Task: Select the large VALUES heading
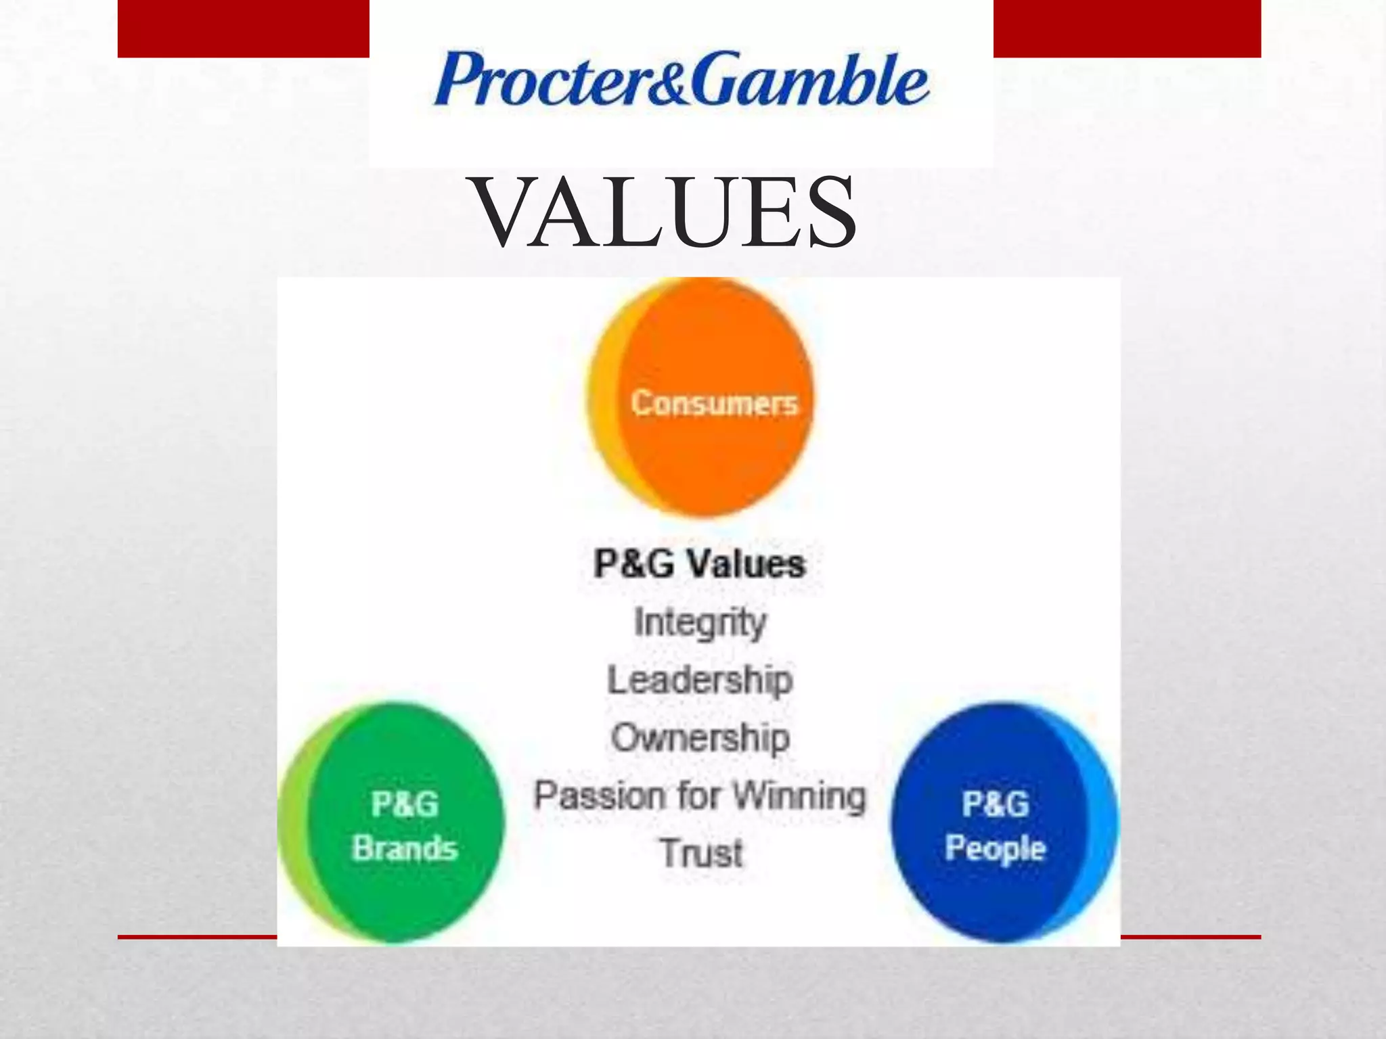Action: tap(665, 212)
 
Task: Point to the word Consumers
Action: tap(714, 403)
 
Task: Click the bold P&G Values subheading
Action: tap(700, 563)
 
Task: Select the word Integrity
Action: tap(700, 622)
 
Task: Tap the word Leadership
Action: tap(700, 680)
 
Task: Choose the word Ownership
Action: tap(700, 737)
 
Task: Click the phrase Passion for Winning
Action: tap(700, 795)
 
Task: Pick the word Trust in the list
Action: tap(701, 853)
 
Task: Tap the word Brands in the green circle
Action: tap(405, 848)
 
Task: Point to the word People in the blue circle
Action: tap(995, 848)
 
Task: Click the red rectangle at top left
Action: tap(244, 28)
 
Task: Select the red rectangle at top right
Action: tap(1127, 28)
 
